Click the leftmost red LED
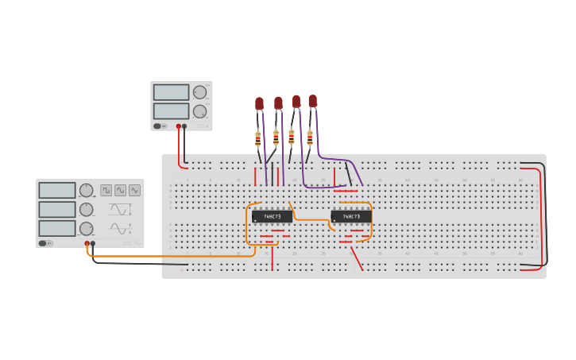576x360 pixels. point(259,103)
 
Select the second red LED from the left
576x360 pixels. point(278,103)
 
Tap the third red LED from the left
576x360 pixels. point(296,102)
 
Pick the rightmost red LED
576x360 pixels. point(313,101)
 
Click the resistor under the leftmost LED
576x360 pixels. point(258,139)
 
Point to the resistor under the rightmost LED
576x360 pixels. point(310,138)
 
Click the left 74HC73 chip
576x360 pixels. point(272,216)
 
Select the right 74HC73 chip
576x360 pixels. point(351,216)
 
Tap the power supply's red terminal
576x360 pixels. point(179,126)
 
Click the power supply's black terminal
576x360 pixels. point(184,126)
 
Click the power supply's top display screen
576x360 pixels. point(171,92)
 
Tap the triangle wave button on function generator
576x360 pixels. point(134,191)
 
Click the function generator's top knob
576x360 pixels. point(86,190)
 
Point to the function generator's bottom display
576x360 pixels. point(56,228)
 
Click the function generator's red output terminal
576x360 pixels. point(87,243)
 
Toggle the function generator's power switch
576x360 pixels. point(44,243)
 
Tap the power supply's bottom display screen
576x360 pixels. point(171,110)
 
